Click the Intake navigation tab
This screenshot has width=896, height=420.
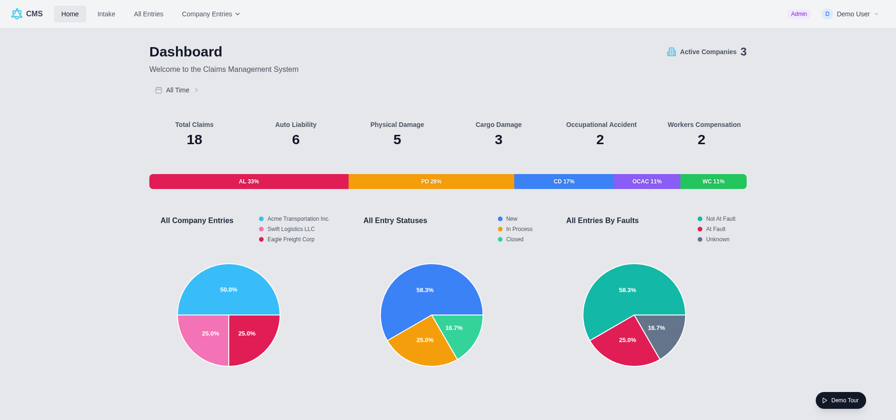coord(106,14)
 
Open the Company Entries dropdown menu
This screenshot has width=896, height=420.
coord(211,14)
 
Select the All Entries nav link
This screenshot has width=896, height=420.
coord(148,14)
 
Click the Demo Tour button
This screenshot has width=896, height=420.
coord(840,400)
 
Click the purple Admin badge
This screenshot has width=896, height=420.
coord(798,14)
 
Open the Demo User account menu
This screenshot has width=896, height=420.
coord(850,14)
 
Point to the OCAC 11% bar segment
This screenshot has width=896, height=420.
coord(647,182)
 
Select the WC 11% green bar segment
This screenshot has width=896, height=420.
coord(714,182)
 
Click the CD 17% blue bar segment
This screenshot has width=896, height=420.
coord(564,182)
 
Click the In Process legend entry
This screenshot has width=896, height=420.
coord(515,229)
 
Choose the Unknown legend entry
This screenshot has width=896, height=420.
coord(714,239)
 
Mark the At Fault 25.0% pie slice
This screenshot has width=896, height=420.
coord(625,343)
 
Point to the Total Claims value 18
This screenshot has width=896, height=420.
coord(194,140)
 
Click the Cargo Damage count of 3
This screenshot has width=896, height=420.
coord(498,140)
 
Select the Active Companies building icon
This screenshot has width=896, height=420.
coord(672,52)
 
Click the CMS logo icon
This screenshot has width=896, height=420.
coord(17,14)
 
